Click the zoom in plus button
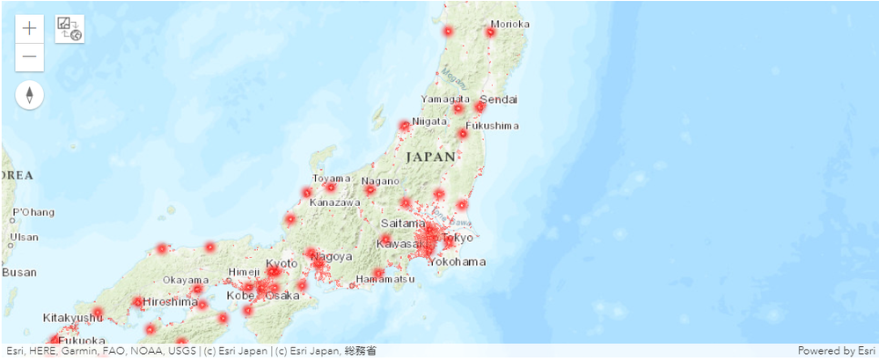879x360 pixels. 30,28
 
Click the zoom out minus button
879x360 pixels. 30,57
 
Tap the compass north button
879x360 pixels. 30,95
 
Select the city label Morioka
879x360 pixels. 510,24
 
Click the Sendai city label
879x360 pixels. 499,99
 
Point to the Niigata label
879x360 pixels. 430,121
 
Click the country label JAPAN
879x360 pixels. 432,157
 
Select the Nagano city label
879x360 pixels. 380,181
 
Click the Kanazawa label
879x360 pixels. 335,202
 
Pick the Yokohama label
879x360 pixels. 459,261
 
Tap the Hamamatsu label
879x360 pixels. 385,279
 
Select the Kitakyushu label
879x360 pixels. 72,317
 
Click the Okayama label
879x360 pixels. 185,280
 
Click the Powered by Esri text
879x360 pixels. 836,351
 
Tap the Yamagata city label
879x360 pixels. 444,99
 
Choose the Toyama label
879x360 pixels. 331,179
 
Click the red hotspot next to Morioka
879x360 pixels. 490,32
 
